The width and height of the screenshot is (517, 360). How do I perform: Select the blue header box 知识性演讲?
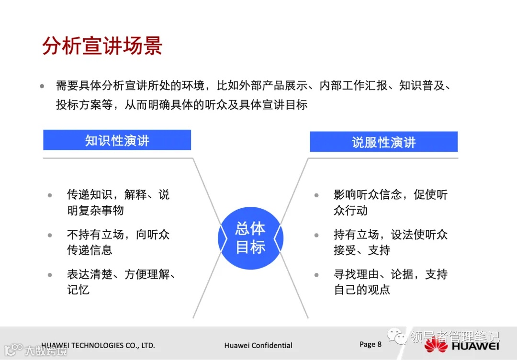click(117, 140)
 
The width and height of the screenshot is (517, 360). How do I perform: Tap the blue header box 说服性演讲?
click(383, 142)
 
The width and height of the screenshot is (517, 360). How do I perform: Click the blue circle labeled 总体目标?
click(250, 237)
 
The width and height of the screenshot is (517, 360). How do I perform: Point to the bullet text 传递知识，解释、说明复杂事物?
click(118, 202)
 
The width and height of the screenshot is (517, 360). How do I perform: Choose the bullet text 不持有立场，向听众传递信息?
click(118, 242)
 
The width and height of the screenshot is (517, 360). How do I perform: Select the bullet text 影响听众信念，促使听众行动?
click(390, 202)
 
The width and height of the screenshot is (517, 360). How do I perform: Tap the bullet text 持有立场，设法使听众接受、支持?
click(390, 242)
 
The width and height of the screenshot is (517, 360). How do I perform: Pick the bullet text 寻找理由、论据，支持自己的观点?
click(390, 282)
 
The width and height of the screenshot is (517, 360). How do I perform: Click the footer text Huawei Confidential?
click(258, 345)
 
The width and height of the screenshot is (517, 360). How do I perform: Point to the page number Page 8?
click(371, 344)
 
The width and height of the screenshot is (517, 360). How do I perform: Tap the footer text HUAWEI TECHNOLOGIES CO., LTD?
click(98, 345)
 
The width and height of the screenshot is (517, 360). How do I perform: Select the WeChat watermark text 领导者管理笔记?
click(454, 337)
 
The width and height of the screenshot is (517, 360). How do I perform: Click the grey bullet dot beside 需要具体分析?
click(43, 87)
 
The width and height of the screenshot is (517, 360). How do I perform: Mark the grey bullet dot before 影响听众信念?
click(316, 195)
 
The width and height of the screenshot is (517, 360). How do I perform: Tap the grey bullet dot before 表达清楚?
click(50, 275)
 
